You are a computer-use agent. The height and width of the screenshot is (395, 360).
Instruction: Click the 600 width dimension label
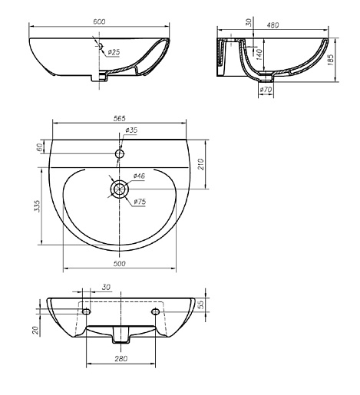tap(99, 21)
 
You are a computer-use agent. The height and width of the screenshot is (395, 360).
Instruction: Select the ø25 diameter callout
tap(114, 52)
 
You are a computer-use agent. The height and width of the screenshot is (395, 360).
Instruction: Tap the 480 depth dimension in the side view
tap(272, 25)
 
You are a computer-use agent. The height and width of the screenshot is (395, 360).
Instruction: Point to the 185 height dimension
tap(331, 60)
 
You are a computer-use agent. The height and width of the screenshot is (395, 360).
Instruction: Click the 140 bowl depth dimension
tap(259, 54)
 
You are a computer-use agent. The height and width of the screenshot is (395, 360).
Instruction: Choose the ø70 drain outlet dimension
tap(266, 90)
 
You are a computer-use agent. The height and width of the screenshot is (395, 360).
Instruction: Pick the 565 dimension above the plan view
tap(120, 118)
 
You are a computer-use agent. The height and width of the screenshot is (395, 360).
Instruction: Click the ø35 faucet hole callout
tap(131, 130)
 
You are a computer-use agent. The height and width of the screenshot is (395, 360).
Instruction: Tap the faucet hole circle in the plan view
tap(120, 154)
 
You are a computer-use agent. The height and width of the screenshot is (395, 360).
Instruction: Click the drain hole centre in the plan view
tap(120, 189)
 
